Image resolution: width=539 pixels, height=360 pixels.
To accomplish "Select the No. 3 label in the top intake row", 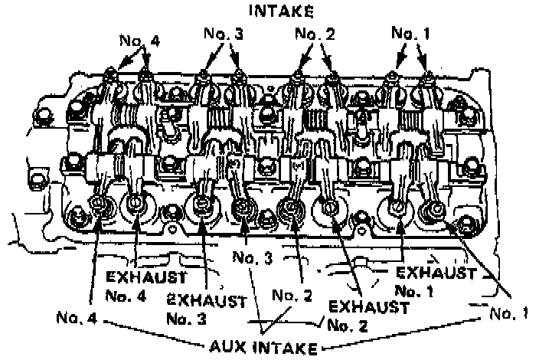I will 221,35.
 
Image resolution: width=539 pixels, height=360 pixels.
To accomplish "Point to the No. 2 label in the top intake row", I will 315,35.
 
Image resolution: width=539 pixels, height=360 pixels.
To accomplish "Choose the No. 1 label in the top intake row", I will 412,34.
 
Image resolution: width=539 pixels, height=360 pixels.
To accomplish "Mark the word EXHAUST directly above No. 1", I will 435,273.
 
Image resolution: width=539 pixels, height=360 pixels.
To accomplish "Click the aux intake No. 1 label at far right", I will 510,314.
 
